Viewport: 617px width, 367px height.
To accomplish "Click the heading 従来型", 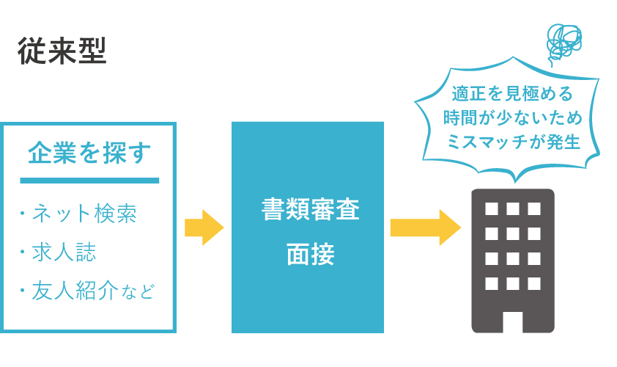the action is tap(62, 51).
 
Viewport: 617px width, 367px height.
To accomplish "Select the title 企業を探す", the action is tap(89, 153).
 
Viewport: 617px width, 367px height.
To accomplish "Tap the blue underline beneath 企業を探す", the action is tap(89, 181).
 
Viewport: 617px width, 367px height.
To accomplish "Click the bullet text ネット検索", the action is tap(84, 214).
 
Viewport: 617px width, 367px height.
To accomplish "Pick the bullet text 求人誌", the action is tap(64, 252).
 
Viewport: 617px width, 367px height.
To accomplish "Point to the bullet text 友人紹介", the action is tap(75, 290).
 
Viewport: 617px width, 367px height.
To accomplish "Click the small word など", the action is tap(138, 292).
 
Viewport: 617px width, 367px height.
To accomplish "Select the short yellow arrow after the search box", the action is tap(204, 228).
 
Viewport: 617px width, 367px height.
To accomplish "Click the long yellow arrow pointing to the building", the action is tap(425, 228).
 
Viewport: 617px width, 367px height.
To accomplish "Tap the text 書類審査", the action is tap(311, 209).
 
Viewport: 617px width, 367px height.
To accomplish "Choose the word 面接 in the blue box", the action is tap(311, 254).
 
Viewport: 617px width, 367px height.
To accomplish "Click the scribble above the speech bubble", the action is tap(564, 43).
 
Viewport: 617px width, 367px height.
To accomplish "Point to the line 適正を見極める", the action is tap(512, 93).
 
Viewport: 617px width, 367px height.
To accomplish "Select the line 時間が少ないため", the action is tap(512, 117).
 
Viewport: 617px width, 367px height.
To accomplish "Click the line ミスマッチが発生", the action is tap(513, 142).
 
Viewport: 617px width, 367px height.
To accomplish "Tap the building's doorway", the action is tap(513, 322).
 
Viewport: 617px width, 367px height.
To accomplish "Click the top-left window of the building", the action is tap(492, 208).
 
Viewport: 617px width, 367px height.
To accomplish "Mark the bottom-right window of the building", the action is tap(534, 283).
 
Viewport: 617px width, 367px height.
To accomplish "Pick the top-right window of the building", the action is tap(534, 208).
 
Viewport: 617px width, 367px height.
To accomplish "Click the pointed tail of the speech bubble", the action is tap(515, 181).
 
